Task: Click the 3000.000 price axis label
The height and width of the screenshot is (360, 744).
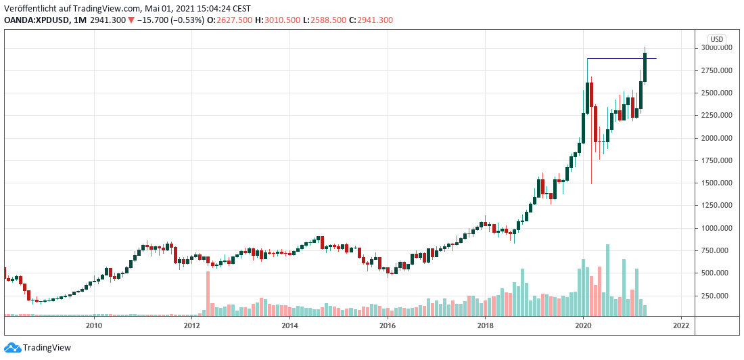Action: (716, 48)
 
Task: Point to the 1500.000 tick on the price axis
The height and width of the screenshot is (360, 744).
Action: (716, 183)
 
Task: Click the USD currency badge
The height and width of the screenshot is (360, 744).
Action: (716, 39)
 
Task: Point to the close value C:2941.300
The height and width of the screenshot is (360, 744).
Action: (375, 20)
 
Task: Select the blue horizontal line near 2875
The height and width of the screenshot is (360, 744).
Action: (615, 59)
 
